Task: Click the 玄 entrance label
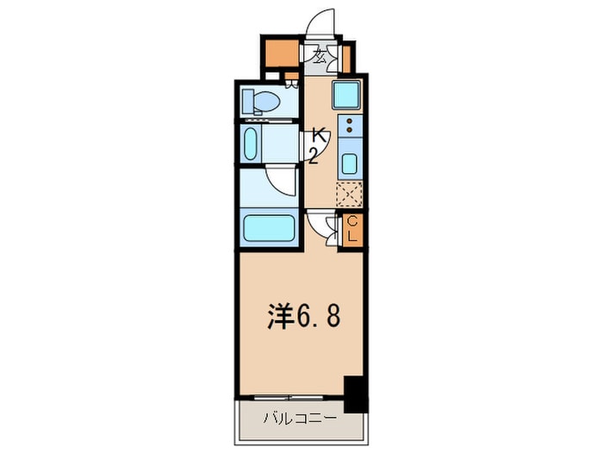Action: tap(320, 58)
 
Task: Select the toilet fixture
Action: tap(261, 102)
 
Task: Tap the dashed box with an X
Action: tap(349, 194)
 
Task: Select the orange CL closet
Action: tap(351, 230)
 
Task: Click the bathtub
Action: tap(270, 228)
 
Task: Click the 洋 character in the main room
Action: tap(277, 317)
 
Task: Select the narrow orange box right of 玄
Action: tap(345, 58)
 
